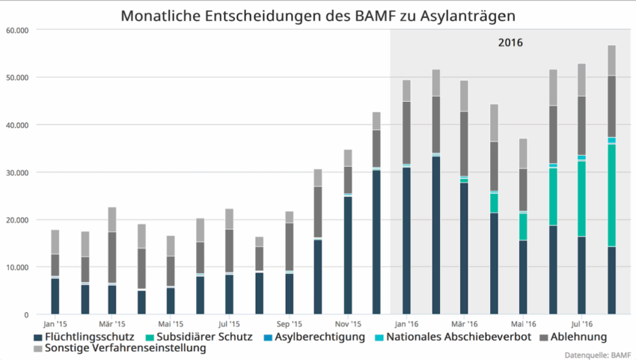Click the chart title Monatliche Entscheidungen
click(318, 15)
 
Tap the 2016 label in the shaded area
click(510, 43)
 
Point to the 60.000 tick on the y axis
click(16, 31)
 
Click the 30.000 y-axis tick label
click(16, 173)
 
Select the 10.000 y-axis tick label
click(16, 267)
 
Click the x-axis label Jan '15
click(55, 324)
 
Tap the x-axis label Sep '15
click(289, 324)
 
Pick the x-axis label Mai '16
click(523, 324)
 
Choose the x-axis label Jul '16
click(581, 324)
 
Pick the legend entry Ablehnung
click(578, 337)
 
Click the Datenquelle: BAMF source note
click(596, 354)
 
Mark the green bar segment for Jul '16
click(581, 198)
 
